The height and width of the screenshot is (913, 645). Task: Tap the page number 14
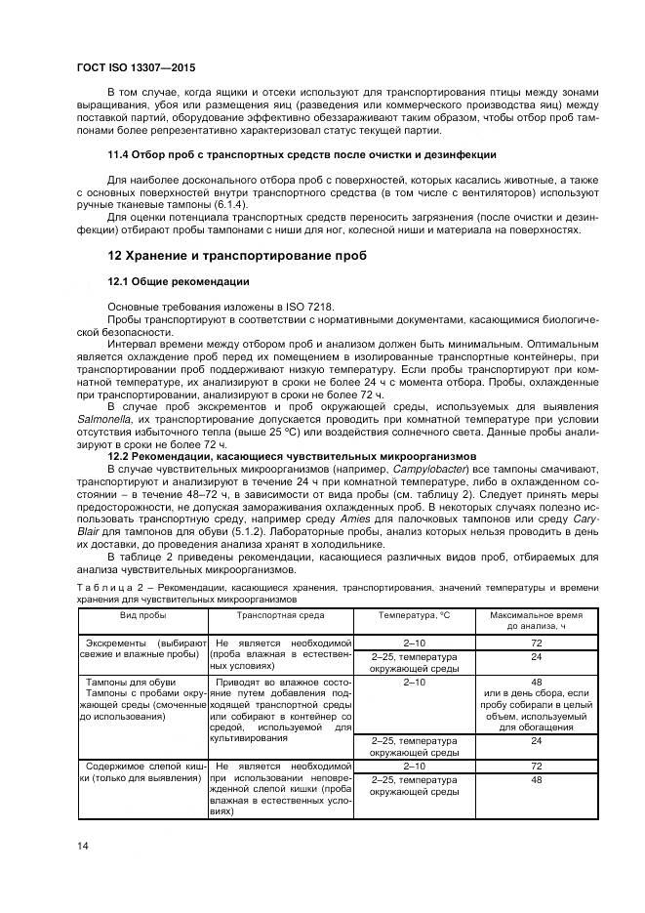83,845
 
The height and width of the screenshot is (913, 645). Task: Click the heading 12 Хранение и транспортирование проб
237,256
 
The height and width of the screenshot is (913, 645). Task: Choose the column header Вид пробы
142,616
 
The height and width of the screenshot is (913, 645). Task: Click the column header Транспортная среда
280,616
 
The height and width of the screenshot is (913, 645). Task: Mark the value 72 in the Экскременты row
536,644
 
